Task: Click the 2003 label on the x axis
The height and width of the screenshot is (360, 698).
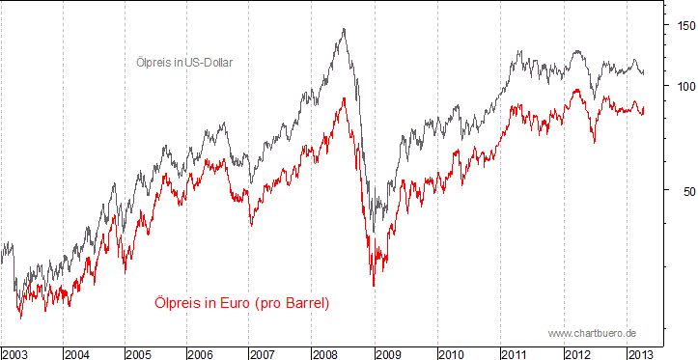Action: click(15, 352)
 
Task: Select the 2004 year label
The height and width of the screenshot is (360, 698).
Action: click(78, 352)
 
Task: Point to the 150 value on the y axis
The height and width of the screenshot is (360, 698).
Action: click(684, 25)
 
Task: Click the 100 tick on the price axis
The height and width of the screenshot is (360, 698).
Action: click(684, 86)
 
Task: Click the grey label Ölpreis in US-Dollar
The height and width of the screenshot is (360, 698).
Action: click(184, 62)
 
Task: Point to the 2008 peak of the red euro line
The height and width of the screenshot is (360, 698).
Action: click(343, 98)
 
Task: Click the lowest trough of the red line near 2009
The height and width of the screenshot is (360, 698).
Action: click(374, 286)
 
